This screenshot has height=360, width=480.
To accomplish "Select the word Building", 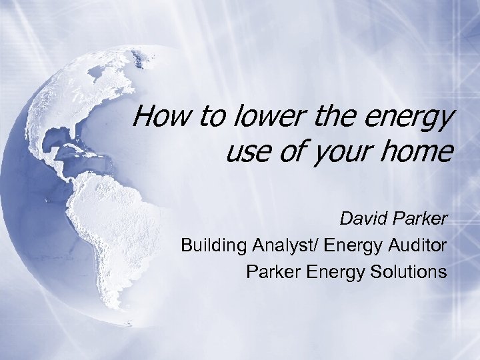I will click(214, 246).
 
